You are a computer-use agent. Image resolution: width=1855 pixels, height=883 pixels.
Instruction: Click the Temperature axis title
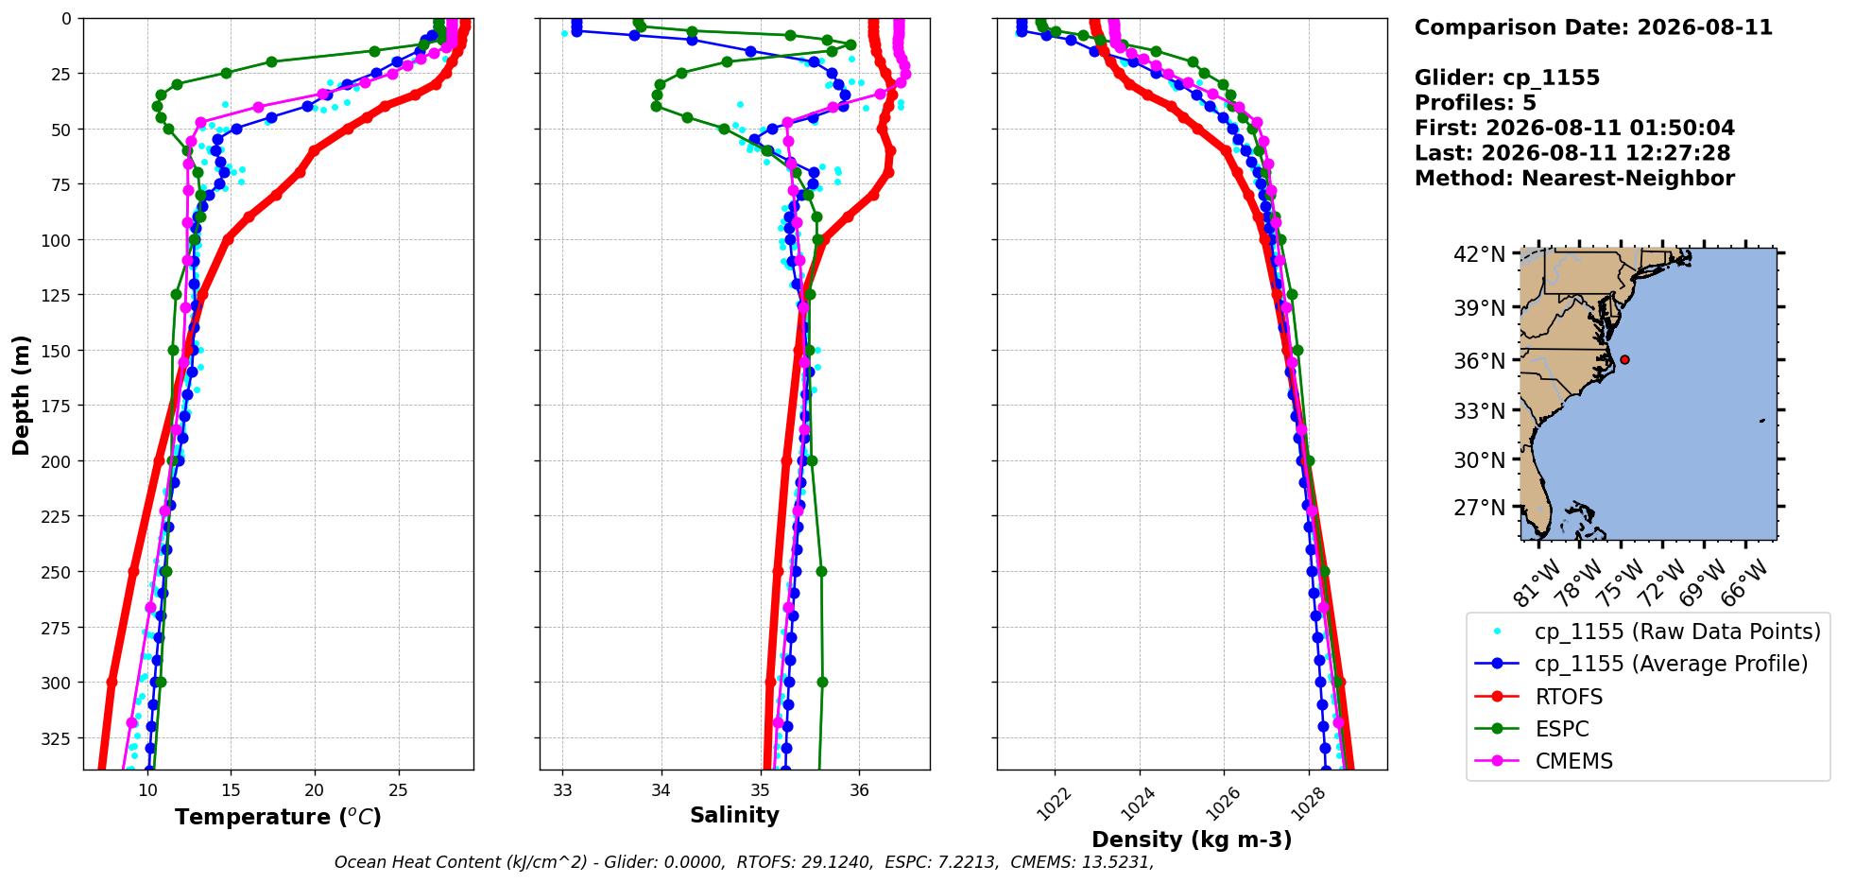(x=278, y=817)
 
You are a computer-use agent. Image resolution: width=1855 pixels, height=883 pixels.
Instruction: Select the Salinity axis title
(x=734, y=816)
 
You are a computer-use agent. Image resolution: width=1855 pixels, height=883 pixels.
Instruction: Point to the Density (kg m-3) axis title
(x=1192, y=840)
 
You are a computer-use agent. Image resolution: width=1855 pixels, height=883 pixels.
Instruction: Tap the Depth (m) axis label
(x=22, y=394)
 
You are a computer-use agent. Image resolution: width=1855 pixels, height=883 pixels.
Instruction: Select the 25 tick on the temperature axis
(x=398, y=790)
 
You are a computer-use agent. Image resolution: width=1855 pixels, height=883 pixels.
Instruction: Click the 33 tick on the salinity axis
(x=563, y=790)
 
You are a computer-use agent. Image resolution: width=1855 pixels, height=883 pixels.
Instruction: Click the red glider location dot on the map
(x=1624, y=359)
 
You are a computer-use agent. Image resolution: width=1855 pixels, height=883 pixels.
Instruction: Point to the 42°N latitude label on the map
(x=1479, y=254)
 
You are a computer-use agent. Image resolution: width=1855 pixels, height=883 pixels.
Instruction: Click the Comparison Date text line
(x=1593, y=27)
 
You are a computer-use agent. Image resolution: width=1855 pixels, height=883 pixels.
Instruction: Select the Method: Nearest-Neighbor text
(x=1574, y=179)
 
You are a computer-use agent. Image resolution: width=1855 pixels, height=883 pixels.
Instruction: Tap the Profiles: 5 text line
(x=1475, y=103)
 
